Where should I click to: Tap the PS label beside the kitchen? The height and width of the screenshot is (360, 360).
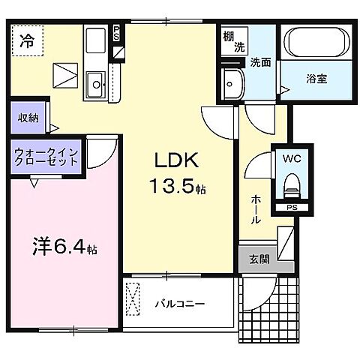pos(116,34)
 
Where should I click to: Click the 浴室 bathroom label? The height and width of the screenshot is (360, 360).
pos(315,77)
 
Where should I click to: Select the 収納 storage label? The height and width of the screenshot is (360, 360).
pos(28,118)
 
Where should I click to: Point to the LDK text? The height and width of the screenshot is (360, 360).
pos(178,160)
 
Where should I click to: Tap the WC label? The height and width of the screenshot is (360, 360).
pos(291,159)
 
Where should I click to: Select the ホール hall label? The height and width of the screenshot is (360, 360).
pos(256,210)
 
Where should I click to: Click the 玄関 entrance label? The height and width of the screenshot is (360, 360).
pos(258,259)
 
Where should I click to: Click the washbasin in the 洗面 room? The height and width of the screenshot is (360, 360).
pos(232,84)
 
